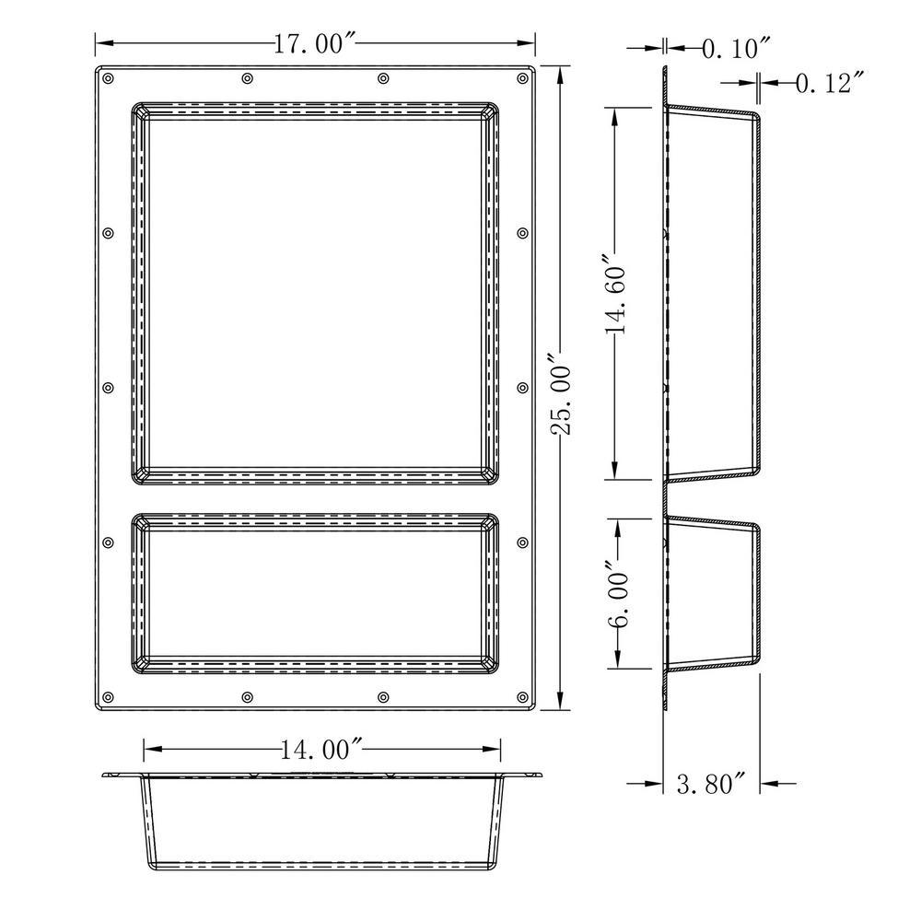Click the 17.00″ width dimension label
(x=315, y=44)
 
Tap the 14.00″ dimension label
(x=321, y=750)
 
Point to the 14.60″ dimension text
(x=614, y=294)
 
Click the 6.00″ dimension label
(x=618, y=594)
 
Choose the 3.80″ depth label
(x=711, y=784)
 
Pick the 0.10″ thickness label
(x=737, y=48)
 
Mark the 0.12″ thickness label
(x=831, y=83)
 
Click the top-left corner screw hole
(x=108, y=78)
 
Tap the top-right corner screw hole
(x=523, y=78)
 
